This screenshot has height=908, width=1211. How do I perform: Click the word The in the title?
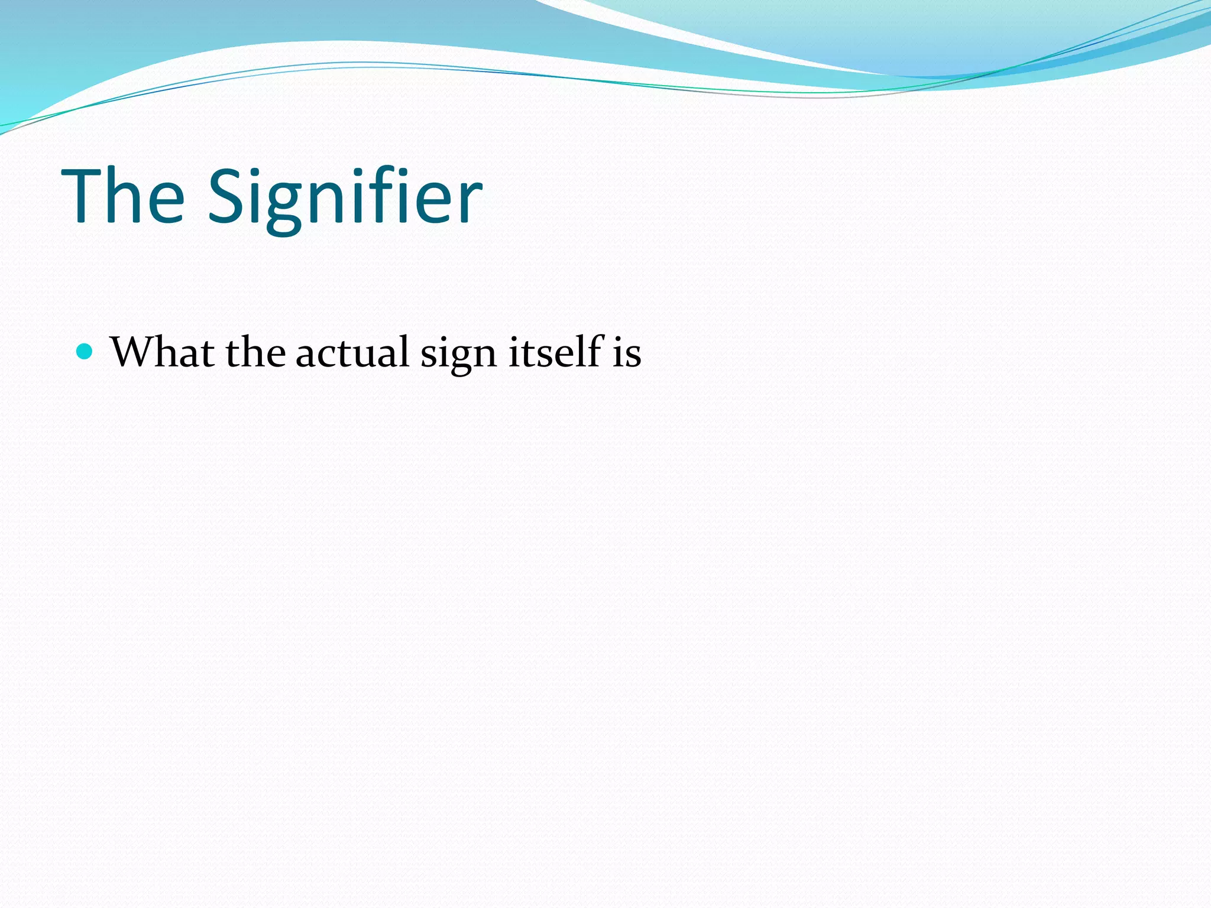tap(123, 196)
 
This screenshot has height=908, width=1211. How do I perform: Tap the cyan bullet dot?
tap(85, 352)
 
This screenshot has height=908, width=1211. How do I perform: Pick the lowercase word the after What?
tap(255, 352)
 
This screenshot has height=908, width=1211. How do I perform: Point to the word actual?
tap(352, 352)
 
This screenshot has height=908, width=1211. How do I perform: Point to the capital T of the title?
tap(83, 196)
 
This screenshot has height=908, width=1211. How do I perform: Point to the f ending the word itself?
tap(594, 350)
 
